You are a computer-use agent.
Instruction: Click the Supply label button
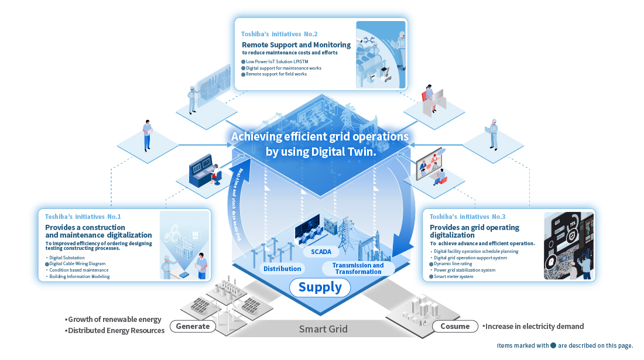click(320, 287)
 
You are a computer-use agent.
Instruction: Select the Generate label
click(193, 326)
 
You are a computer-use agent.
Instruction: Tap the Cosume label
click(455, 326)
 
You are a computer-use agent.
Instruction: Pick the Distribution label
click(282, 269)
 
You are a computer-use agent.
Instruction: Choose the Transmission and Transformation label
click(358, 269)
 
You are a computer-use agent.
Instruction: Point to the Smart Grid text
click(323, 329)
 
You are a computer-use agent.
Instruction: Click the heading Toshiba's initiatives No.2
click(279, 33)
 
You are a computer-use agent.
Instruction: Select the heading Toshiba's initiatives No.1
click(83, 217)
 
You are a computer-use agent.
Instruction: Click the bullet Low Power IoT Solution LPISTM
click(279, 61)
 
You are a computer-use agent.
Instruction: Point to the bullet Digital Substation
click(67, 258)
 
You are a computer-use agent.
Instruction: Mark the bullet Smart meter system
click(453, 276)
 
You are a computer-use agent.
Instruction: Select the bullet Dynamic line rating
click(453, 264)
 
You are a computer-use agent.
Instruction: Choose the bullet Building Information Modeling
click(80, 276)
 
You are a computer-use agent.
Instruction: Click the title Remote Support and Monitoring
click(296, 44)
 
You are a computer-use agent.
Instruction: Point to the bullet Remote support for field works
click(276, 74)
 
